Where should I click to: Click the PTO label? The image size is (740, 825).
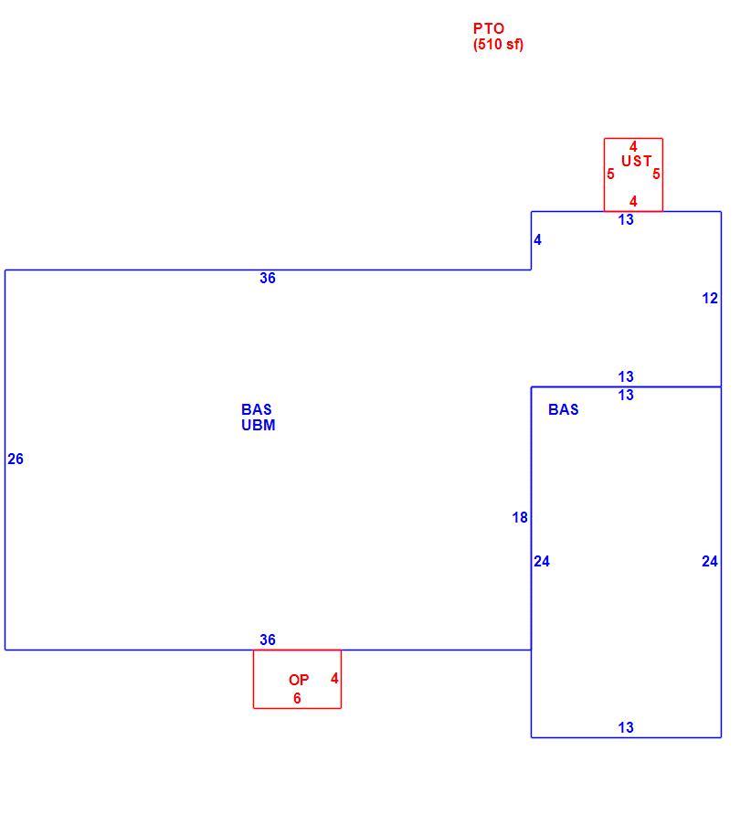coord(489,28)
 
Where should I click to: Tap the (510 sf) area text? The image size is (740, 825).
coord(498,44)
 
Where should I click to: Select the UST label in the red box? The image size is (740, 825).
coord(637,161)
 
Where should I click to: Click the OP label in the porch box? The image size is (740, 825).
coord(299,680)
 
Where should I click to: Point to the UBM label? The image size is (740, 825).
coord(259,425)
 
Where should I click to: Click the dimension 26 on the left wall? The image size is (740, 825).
coord(16,459)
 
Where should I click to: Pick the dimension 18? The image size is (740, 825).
coord(520,518)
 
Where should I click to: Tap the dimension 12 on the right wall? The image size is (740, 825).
coord(710,299)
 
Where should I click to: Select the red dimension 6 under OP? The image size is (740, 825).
coord(297,698)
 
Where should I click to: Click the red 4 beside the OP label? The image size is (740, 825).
coord(334,678)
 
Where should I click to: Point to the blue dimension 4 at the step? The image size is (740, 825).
coord(537,240)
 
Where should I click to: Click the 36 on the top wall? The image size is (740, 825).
coord(268,278)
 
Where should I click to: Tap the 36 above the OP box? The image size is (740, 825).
coord(268,640)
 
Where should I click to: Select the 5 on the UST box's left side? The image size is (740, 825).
coord(610,174)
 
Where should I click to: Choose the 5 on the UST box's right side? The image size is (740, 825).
coord(656,174)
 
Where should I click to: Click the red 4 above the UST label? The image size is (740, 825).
coord(633,146)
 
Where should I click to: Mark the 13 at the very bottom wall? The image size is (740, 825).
coord(626,727)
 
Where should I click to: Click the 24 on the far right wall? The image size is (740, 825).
coord(710,561)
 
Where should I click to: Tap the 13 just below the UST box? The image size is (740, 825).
coord(626,220)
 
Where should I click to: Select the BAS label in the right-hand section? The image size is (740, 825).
coord(564,409)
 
